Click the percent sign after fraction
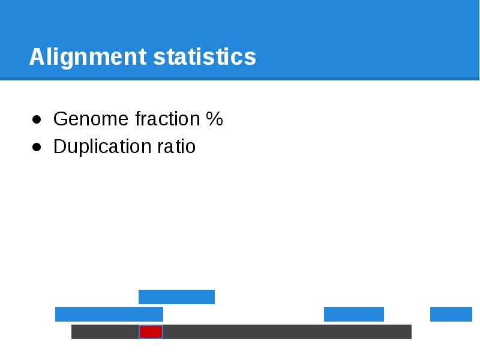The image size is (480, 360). pyautogui.click(x=214, y=119)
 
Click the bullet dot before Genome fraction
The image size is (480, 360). pyautogui.click(x=37, y=120)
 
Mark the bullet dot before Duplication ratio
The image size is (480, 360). pyautogui.click(x=37, y=147)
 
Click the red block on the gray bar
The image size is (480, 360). pyautogui.click(x=151, y=332)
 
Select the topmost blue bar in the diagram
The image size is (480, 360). pyautogui.click(x=176, y=297)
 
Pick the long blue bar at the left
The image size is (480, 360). pyautogui.click(x=109, y=314)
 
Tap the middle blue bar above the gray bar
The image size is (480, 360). pyautogui.click(x=353, y=314)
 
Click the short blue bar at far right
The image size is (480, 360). pyautogui.click(x=451, y=314)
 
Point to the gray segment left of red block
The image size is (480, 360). pyautogui.click(x=105, y=332)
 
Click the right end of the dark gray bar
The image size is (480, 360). pyautogui.click(x=408, y=332)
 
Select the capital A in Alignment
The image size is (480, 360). pyautogui.click(x=36, y=58)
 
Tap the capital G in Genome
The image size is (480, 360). pyautogui.click(x=60, y=119)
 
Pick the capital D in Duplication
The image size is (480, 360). pyautogui.click(x=59, y=146)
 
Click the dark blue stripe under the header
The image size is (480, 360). pyautogui.click(x=240, y=79)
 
